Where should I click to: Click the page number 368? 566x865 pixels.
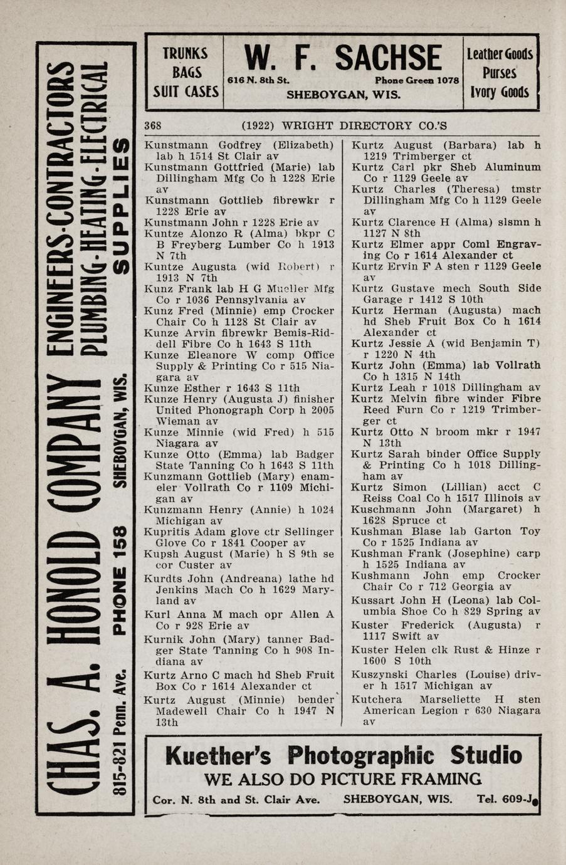[x=153, y=125]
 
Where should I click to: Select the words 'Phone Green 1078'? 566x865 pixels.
[x=417, y=81]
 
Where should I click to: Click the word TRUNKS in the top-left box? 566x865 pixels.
[x=185, y=54]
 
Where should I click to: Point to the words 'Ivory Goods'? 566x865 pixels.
[x=500, y=93]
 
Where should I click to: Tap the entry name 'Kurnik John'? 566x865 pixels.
[x=174, y=639]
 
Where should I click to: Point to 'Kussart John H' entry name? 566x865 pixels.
[x=391, y=600]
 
